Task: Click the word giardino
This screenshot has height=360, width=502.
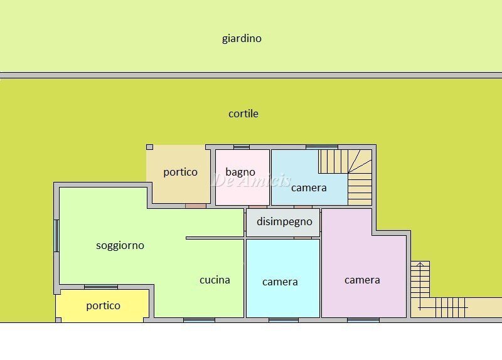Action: pos(242,38)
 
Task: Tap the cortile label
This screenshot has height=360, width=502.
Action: pos(243,114)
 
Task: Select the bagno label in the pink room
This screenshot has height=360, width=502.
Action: pos(240,172)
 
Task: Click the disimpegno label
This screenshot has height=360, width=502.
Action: pos(284,221)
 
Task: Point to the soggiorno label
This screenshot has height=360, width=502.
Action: pos(120,245)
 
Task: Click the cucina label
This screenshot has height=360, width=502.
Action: pos(215,280)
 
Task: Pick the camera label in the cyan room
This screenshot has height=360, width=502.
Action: pos(280,282)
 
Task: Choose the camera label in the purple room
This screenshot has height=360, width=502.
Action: pos(362,280)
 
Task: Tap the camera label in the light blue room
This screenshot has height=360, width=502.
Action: pos(309,188)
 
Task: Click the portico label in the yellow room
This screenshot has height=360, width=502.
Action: pos(103,305)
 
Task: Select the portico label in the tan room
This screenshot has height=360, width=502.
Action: pos(180,172)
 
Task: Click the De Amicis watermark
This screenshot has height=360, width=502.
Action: pos(251,181)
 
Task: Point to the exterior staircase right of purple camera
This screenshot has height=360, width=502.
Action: pos(420,279)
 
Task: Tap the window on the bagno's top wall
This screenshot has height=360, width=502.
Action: pos(242,147)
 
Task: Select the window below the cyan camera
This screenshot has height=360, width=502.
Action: pos(283,320)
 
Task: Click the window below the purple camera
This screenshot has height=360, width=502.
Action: pos(363,320)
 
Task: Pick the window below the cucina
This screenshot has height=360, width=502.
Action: pos(199,320)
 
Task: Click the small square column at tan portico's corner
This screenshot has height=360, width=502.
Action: pos(149,147)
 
